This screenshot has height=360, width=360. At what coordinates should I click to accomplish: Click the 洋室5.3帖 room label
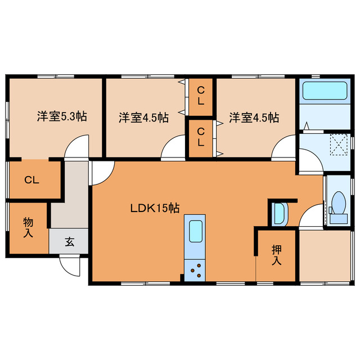62,118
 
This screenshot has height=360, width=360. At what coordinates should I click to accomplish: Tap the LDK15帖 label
155,208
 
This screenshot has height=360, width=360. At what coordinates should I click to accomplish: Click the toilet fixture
339,203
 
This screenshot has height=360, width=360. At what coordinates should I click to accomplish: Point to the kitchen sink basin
195,231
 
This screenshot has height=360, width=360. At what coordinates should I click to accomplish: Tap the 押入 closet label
276,254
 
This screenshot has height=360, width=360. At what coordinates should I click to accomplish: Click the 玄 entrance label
69,242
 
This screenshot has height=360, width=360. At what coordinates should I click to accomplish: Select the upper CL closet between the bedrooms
201,96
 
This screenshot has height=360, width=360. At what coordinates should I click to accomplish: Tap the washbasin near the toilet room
280,213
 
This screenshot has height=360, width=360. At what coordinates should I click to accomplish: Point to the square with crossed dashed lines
340,145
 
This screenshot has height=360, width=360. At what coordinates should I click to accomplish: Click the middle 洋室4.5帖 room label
143,118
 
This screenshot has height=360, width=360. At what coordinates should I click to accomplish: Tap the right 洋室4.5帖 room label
254,118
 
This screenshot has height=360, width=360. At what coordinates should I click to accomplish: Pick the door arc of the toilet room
311,217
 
